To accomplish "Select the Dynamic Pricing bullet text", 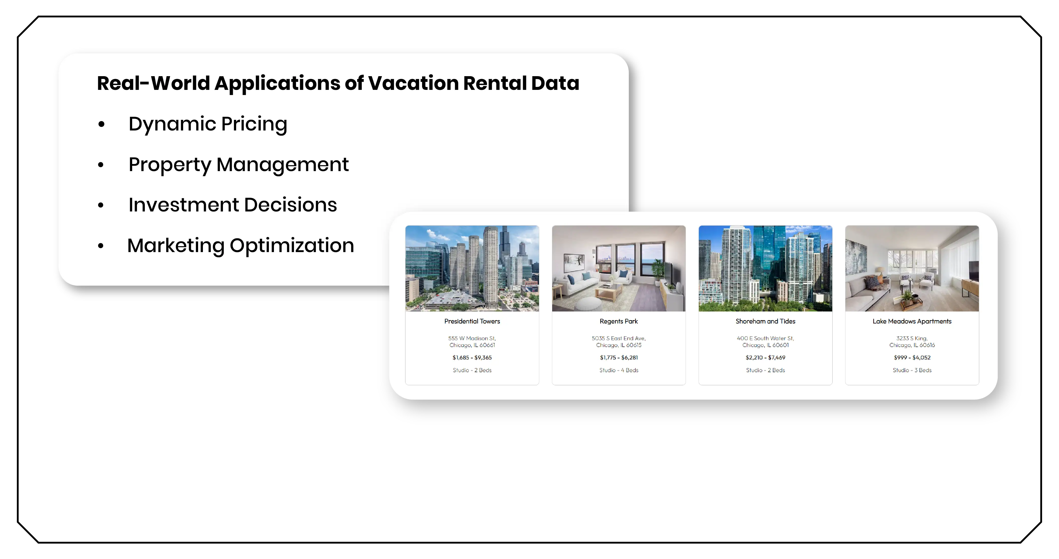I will [x=207, y=124].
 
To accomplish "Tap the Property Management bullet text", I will [x=238, y=165].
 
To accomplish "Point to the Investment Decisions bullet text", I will [x=233, y=205].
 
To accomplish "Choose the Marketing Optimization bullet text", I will [x=240, y=245].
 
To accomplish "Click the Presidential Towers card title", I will [x=472, y=321].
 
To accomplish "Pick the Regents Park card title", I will [x=619, y=321].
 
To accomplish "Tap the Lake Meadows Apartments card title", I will [x=912, y=321].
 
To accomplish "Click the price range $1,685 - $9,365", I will [x=472, y=357].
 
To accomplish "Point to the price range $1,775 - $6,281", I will [x=619, y=357].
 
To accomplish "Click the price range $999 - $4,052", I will [x=912, y=357].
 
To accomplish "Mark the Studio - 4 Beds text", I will [x=619, y=370].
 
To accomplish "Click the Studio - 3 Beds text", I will [x=912, y=370].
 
